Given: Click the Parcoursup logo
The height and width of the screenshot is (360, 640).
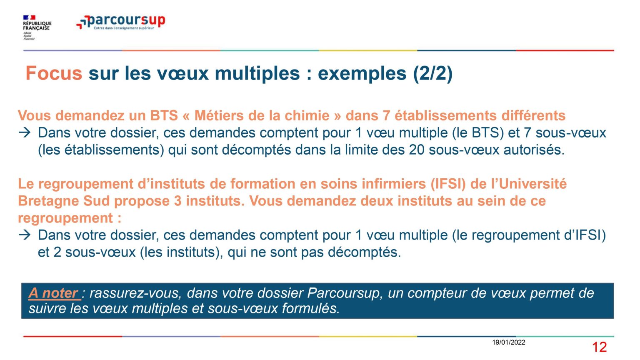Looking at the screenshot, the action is tap(120, 22).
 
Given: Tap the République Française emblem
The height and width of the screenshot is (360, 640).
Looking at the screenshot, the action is tap(37, 27).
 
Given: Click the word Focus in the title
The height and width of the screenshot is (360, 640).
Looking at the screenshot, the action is tap(54, 73).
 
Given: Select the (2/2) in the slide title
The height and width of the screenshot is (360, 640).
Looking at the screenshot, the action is tap(432, 73).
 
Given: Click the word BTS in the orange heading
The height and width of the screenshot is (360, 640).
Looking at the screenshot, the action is tap(164, 116).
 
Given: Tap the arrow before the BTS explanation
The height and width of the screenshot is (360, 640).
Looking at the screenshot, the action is tap(25, 133).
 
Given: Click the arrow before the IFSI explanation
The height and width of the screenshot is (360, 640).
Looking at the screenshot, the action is tap(25, 235).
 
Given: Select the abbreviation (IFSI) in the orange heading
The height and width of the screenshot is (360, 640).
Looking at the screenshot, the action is tap(448, 184).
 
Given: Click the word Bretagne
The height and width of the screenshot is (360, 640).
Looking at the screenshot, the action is tap(49, 201).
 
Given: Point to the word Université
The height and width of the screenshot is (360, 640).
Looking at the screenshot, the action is tap(532, 184).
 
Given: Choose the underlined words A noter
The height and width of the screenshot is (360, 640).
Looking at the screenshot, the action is tap(53, 293).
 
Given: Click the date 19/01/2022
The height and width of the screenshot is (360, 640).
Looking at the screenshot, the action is tap(509, 342).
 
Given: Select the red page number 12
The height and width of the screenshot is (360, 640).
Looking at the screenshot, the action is tap(599, 347).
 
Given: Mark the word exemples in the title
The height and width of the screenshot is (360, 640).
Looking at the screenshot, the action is tap(362, 73).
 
